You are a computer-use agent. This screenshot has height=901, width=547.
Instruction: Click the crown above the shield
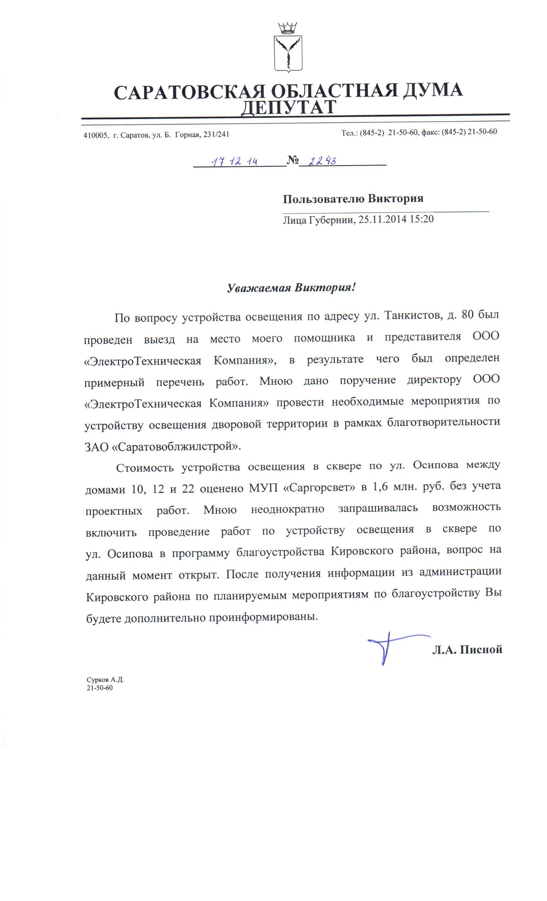coord(287,28)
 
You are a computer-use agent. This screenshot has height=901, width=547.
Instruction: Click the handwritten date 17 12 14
coord(235,161)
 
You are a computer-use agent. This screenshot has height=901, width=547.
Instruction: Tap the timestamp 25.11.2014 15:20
coord(396,219)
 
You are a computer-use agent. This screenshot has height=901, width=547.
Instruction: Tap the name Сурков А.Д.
coord(105,680)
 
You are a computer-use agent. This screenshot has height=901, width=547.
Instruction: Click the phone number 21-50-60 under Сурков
coord(99,688)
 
